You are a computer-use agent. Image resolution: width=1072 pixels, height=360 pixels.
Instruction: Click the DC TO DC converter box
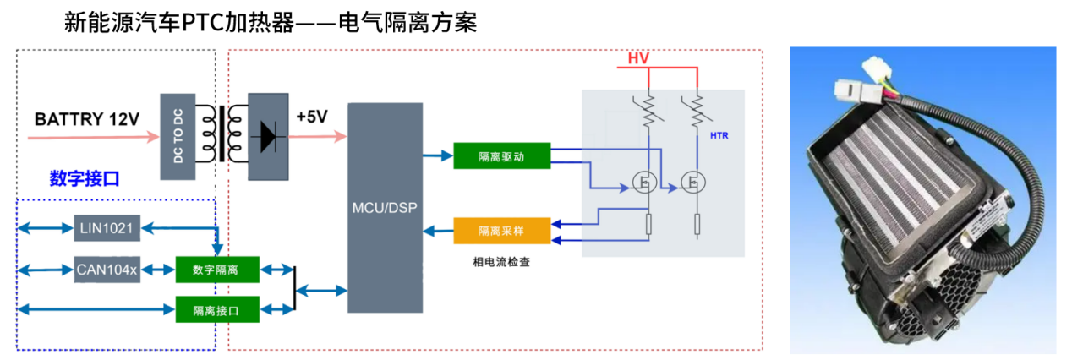pyautogui.click(x=178, y=135)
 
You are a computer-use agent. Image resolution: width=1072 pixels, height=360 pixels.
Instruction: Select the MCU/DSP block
pyautogui.click(x=385, y=207)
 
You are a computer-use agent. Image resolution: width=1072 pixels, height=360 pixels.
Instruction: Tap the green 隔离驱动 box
pyautogui.click(x=501, y=156)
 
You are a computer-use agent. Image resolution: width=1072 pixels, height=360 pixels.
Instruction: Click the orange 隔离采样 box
pyautogui.click(x=501, y=230)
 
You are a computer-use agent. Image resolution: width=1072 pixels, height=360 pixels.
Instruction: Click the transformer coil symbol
pyautogui.click(x=221, y=133)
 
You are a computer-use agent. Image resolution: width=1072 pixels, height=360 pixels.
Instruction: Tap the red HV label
pyautogui.click(x=638, y=58)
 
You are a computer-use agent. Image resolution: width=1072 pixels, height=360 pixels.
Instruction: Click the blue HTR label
pyautogui.click(x=719, y=136)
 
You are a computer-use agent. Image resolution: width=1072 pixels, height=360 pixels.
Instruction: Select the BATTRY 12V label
pyautogui.click(x=86, y=119)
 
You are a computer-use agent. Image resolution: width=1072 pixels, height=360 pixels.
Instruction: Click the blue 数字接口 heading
pyautogui.click(x=85, y=178)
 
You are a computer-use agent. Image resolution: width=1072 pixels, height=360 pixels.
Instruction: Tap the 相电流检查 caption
pyautogui.click(x=501, y=263)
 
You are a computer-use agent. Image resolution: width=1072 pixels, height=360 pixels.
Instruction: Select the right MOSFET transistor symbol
pyautogui.click(x=696, y=182)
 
